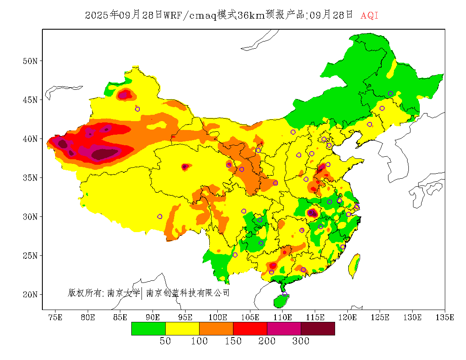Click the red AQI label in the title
pyautogui.click(x=369, y=16)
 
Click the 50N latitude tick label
pyautogui.click(x=30, y=61)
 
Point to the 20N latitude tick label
pyautogui.click(x=30, y=294)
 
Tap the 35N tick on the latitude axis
pyautogui.click(x=30, y=178)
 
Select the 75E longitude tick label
pyautogui.click(x=55, y=317)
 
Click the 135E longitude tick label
pyautogui.click(x=445, y=317)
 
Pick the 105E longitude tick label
pyautogui.click(x=250, y=317)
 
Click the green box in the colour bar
pyautogui.click(x=148, y=329)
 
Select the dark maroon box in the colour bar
pyautogui.click(x=318, y=329)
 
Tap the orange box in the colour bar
pyautogui.click(x=216, y=329)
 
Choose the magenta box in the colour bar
pyautogui.click(x=284, y=329)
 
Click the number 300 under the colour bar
pyautogui.click(x=301, y=341)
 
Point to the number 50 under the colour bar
pyautogui.click(x=165, y=341)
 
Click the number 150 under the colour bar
pyautogui.click(x=233, y=341)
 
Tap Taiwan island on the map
pyautogui.click(x=355, y=265)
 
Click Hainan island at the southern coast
pyautogui.click(x=281, y=301)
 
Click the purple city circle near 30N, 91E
pyautogui.click(x=160, y=216)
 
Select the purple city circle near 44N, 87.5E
pyautogui.click(x=137, y=109)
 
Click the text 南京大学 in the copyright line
pyautogui.click(x=123, y=293)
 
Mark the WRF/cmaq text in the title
pyautogui.click(x=190, y=16)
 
